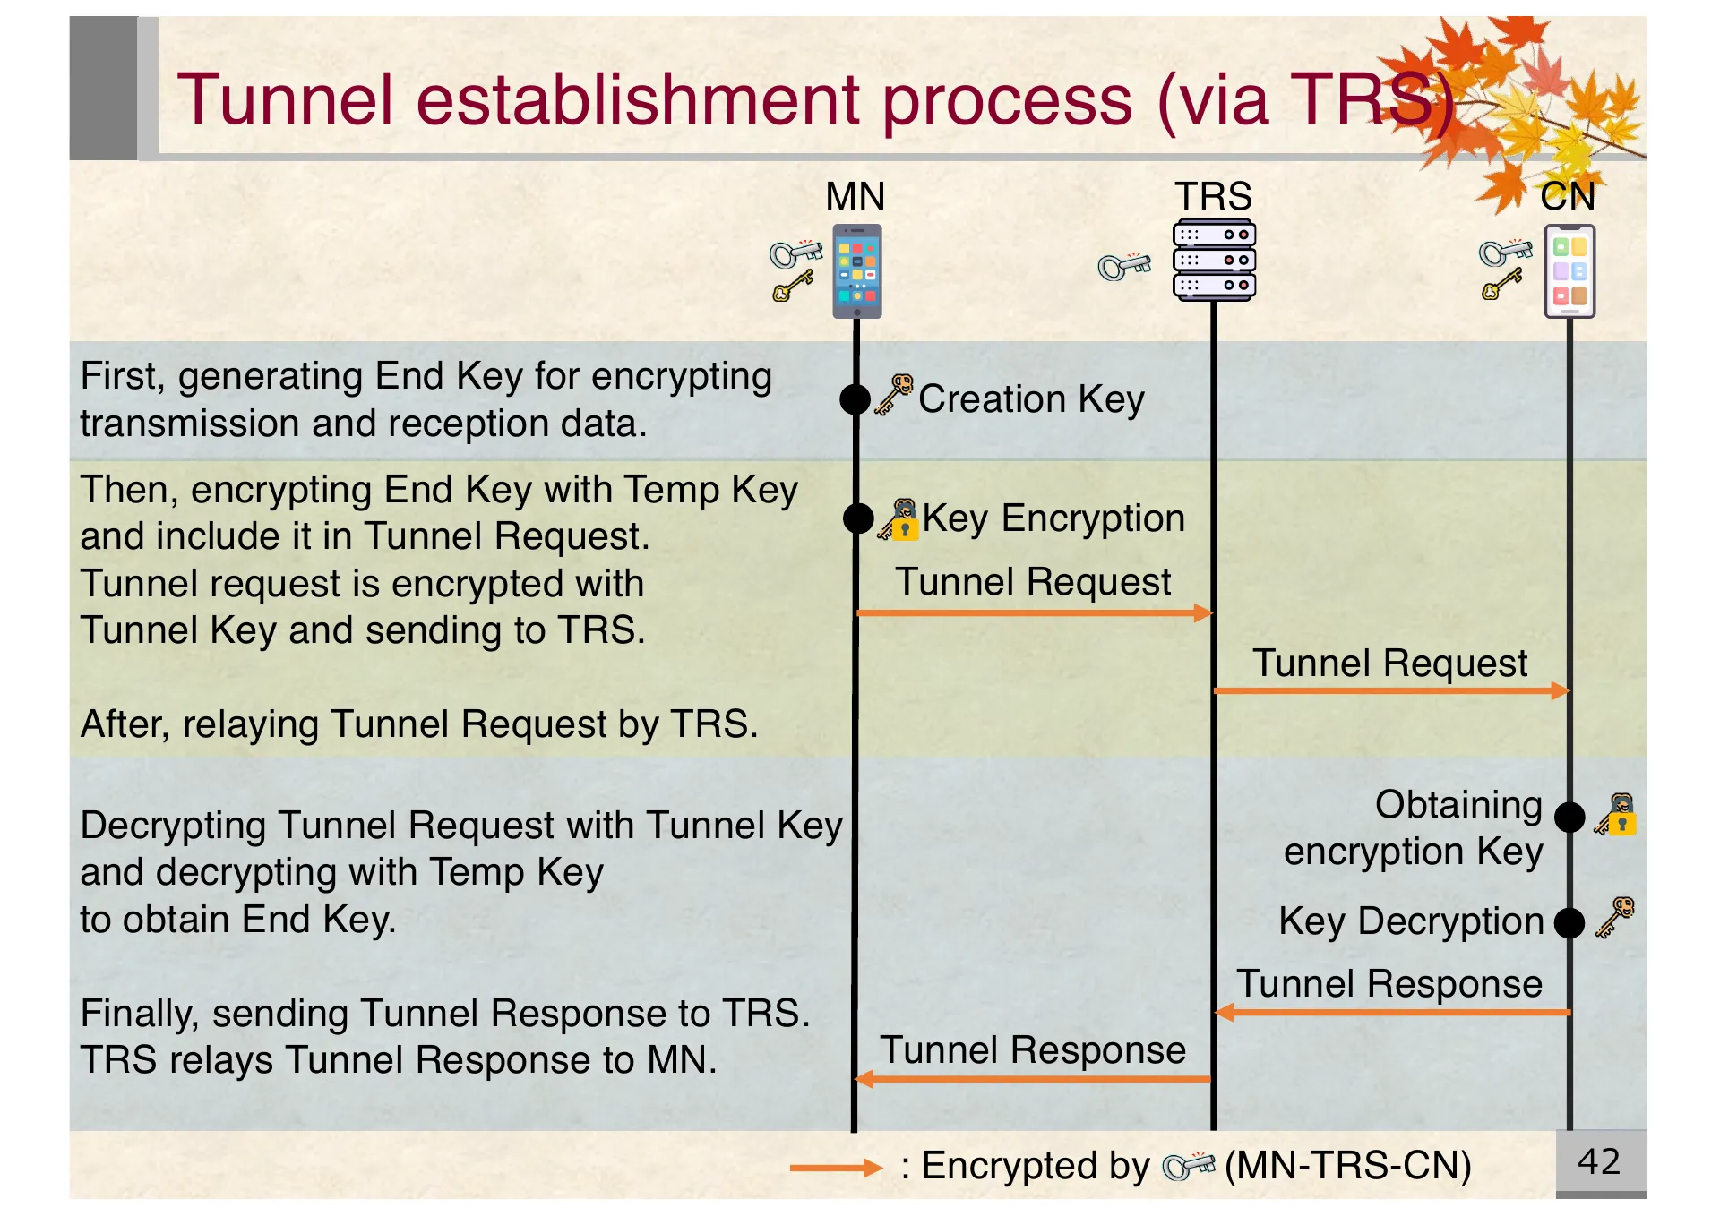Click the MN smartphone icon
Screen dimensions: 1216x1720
[857, 270]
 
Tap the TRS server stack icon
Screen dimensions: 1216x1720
[1214, 260]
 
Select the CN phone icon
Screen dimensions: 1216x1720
[1569, 270]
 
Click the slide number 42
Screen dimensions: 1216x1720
[1599, 1161]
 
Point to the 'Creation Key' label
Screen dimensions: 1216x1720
[1031, 399]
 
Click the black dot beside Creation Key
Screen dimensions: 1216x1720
[856, 399]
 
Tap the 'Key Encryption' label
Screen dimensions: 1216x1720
[1053, 518]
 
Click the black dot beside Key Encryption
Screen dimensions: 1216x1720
[858, 518]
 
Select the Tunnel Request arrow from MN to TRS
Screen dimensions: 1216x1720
[1035, 613]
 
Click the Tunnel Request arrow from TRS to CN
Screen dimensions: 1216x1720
[1391, 690]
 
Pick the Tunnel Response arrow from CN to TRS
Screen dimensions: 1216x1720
[1393, 1013]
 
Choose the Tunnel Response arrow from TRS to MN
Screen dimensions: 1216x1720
[1033, 1079]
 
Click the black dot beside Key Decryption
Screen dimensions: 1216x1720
[1569, 922]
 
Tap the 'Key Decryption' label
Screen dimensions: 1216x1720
[1411, 921]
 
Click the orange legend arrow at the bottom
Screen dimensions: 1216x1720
[836, 1168]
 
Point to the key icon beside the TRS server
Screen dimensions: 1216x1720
[1124, 265]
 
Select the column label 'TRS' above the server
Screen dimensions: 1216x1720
[1213, 196]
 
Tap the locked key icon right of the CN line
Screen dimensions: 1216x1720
[1617, 815]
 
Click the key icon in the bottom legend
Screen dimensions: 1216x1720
[1188, 1166]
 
